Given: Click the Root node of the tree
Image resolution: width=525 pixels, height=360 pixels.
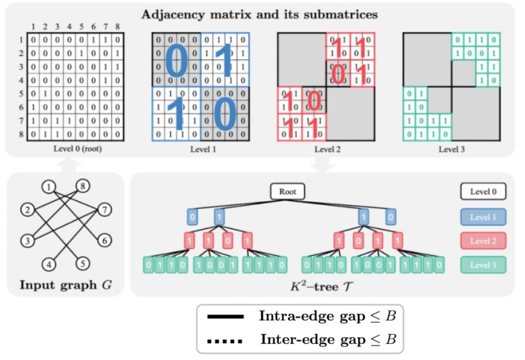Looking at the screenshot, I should (287, 192).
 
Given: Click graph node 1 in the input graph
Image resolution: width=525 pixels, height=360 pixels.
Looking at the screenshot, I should (50, 187).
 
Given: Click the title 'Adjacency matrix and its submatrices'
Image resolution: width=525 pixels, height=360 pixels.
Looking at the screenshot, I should (260, 14).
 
